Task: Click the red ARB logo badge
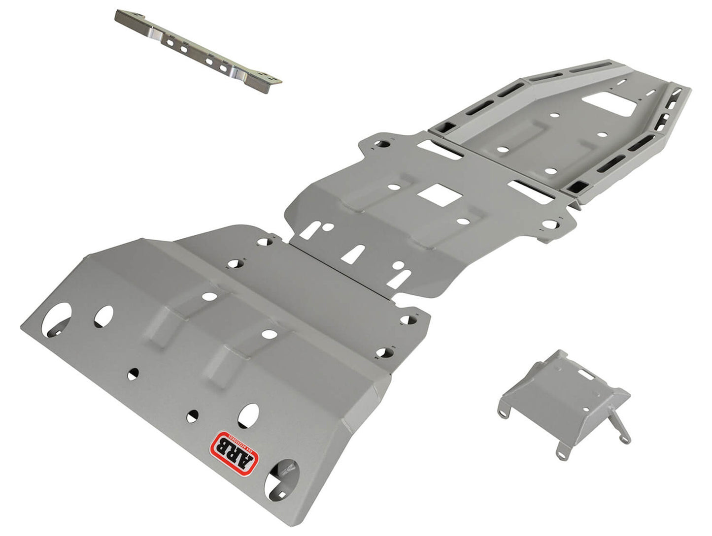pyautogui.click(x=235, y=452)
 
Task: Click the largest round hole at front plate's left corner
pyautogui.click(x=56, y=318)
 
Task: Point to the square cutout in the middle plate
pyautogui.click(x=440, y=195)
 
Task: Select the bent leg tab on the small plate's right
pyautogui.click(x=620, y=428)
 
